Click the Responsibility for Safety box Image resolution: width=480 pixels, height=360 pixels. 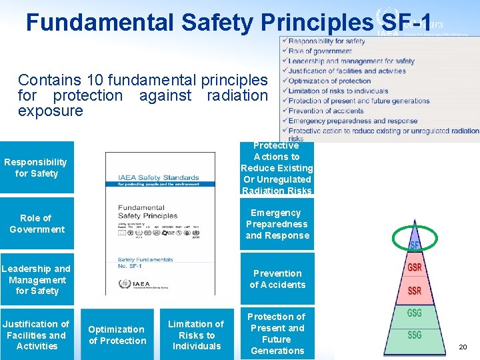(37, 167)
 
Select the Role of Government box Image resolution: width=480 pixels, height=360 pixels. (37, 223)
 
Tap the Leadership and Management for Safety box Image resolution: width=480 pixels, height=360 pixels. (37, 279)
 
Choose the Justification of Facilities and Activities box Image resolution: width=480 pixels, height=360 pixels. (37, 335)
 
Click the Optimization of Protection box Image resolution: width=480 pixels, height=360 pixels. (117, 335)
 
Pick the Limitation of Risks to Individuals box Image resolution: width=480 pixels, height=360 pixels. (196, 335)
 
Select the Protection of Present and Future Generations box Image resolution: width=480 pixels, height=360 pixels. (277, 333)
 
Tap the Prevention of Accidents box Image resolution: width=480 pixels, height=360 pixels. (277, 279)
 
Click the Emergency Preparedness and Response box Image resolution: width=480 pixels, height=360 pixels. (277, 224)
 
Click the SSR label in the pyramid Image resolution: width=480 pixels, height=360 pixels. (414, 291)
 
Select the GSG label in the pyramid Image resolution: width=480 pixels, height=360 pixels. (414, 313)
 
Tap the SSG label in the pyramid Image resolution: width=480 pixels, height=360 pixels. (414, 335)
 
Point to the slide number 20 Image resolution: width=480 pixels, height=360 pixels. (463, 347)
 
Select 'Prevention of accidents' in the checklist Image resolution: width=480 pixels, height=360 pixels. (326, 111)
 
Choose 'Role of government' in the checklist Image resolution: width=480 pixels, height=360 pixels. (320, 51)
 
